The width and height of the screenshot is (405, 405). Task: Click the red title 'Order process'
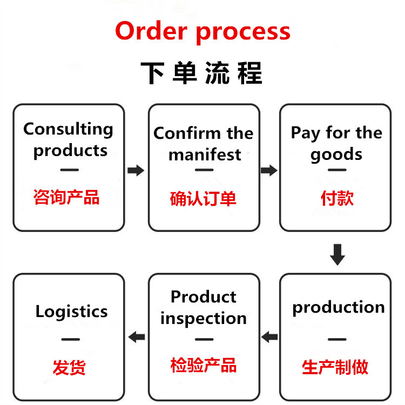point(202,31)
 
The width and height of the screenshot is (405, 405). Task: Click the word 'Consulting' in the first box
point(69,130)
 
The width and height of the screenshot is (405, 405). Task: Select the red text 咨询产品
point(66,197)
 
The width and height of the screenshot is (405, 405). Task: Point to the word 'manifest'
point(204,154)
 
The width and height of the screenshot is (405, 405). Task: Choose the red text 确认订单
point(203,199)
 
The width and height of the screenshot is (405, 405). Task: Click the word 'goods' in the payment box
point(336,154)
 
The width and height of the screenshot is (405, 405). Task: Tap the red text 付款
point(337,198)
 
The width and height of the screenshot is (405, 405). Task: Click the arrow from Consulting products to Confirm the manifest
point(136,171)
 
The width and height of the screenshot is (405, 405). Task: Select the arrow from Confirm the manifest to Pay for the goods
point(268,171)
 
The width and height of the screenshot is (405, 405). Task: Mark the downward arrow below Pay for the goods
point(337,254)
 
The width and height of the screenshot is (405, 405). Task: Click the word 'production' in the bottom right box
point(339,307)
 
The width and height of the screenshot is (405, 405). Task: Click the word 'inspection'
point(204,319)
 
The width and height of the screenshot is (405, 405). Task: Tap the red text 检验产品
point(203,365)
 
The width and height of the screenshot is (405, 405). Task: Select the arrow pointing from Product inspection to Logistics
point(137,337)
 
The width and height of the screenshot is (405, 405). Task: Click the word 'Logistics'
point(71,312)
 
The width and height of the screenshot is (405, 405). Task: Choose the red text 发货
point(69,367)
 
